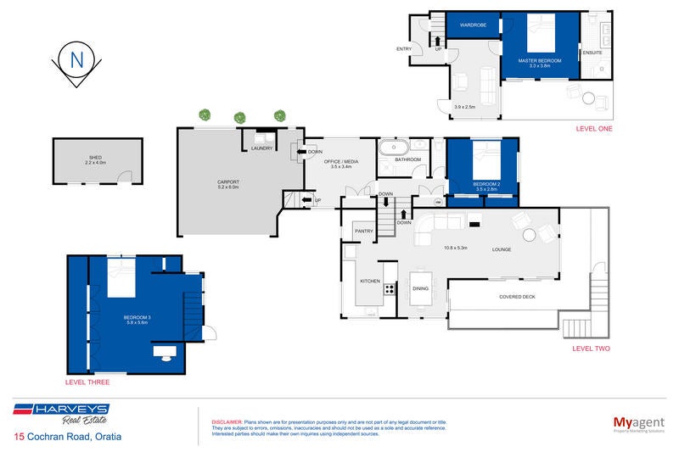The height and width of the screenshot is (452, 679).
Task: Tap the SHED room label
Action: click(x=95, y=158)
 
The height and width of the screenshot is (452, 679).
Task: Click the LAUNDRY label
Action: click(x=262, y=149)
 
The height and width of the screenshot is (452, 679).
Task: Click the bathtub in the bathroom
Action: click(x=395, y=148)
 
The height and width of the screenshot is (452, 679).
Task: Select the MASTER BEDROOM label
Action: click(x=541, y=60)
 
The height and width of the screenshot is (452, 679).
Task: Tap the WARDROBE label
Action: click(x=472, y=25)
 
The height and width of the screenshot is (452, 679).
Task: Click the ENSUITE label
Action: click(x=592, y=53)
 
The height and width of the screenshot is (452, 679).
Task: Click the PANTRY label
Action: click(x=364, y=230)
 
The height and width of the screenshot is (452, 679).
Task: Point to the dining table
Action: click(x=420, y=287)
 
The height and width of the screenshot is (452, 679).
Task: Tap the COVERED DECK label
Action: click(x=517, y=296)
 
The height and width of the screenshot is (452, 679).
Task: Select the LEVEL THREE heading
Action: click(x=87, y=382)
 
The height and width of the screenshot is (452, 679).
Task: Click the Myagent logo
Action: click(x=637, y=423)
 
